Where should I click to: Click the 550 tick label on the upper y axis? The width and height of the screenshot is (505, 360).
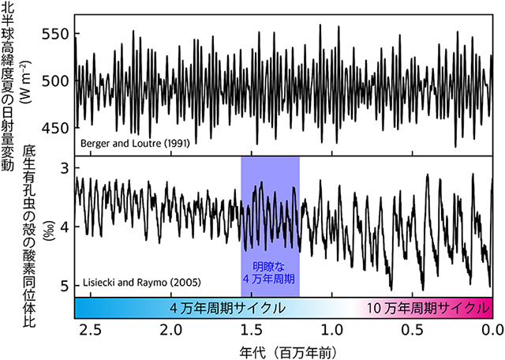(59, 34)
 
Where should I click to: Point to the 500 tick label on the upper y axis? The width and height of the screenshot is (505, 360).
(59, 81)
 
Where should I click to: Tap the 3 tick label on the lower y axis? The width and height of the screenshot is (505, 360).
(66, 168)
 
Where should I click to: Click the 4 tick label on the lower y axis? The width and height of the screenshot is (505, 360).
(66, 227)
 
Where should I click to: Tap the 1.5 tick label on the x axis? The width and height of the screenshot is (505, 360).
(250, 328)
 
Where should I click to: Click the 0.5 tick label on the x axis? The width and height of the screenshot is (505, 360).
(411, 328)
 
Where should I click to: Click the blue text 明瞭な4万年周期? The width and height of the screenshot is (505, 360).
(270, 272)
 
